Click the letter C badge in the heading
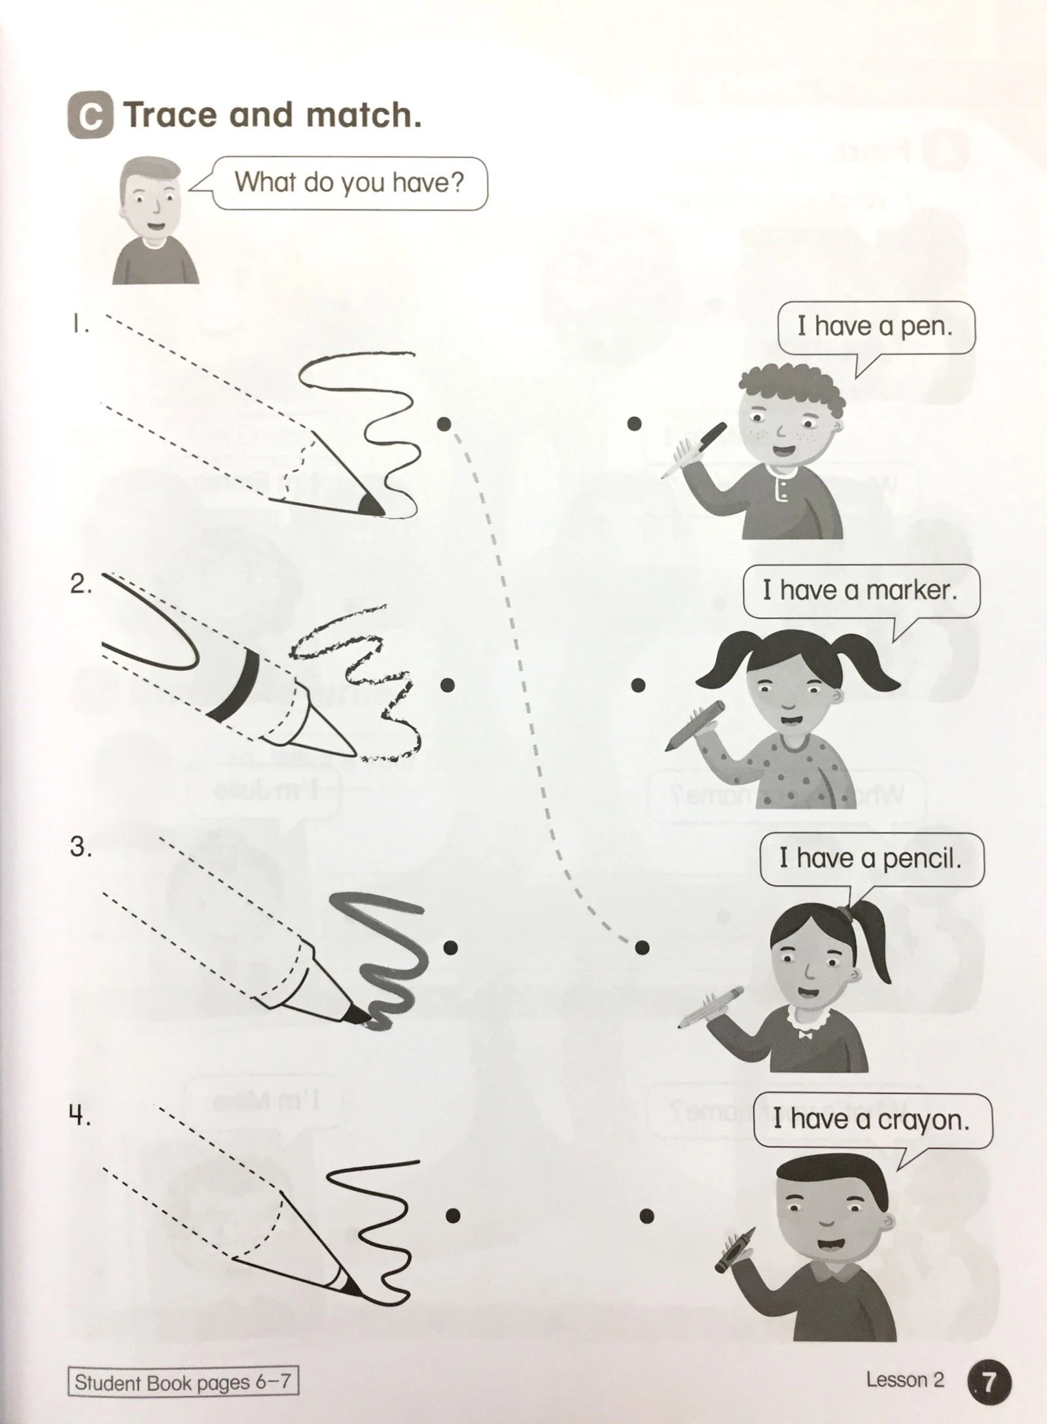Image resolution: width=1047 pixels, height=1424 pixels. pos(90,116)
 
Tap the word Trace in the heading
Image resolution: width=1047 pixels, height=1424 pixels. pos(171,115)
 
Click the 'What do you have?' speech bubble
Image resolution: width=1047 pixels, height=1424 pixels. pos(349,183)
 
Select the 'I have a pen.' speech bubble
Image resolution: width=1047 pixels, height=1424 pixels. pos(876,327)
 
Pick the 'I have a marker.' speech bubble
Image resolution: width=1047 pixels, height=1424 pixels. pos(861,591)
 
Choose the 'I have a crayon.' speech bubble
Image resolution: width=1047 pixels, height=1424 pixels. pos(871,1120)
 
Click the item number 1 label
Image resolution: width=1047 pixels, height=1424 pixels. pos(80,325)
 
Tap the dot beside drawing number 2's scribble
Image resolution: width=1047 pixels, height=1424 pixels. pos(448,685)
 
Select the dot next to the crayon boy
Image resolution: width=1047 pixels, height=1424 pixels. pos(647,1216)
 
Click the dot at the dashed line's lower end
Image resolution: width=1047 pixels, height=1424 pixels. pos(642,946)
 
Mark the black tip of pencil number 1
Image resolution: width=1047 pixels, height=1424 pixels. pos(370,505)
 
